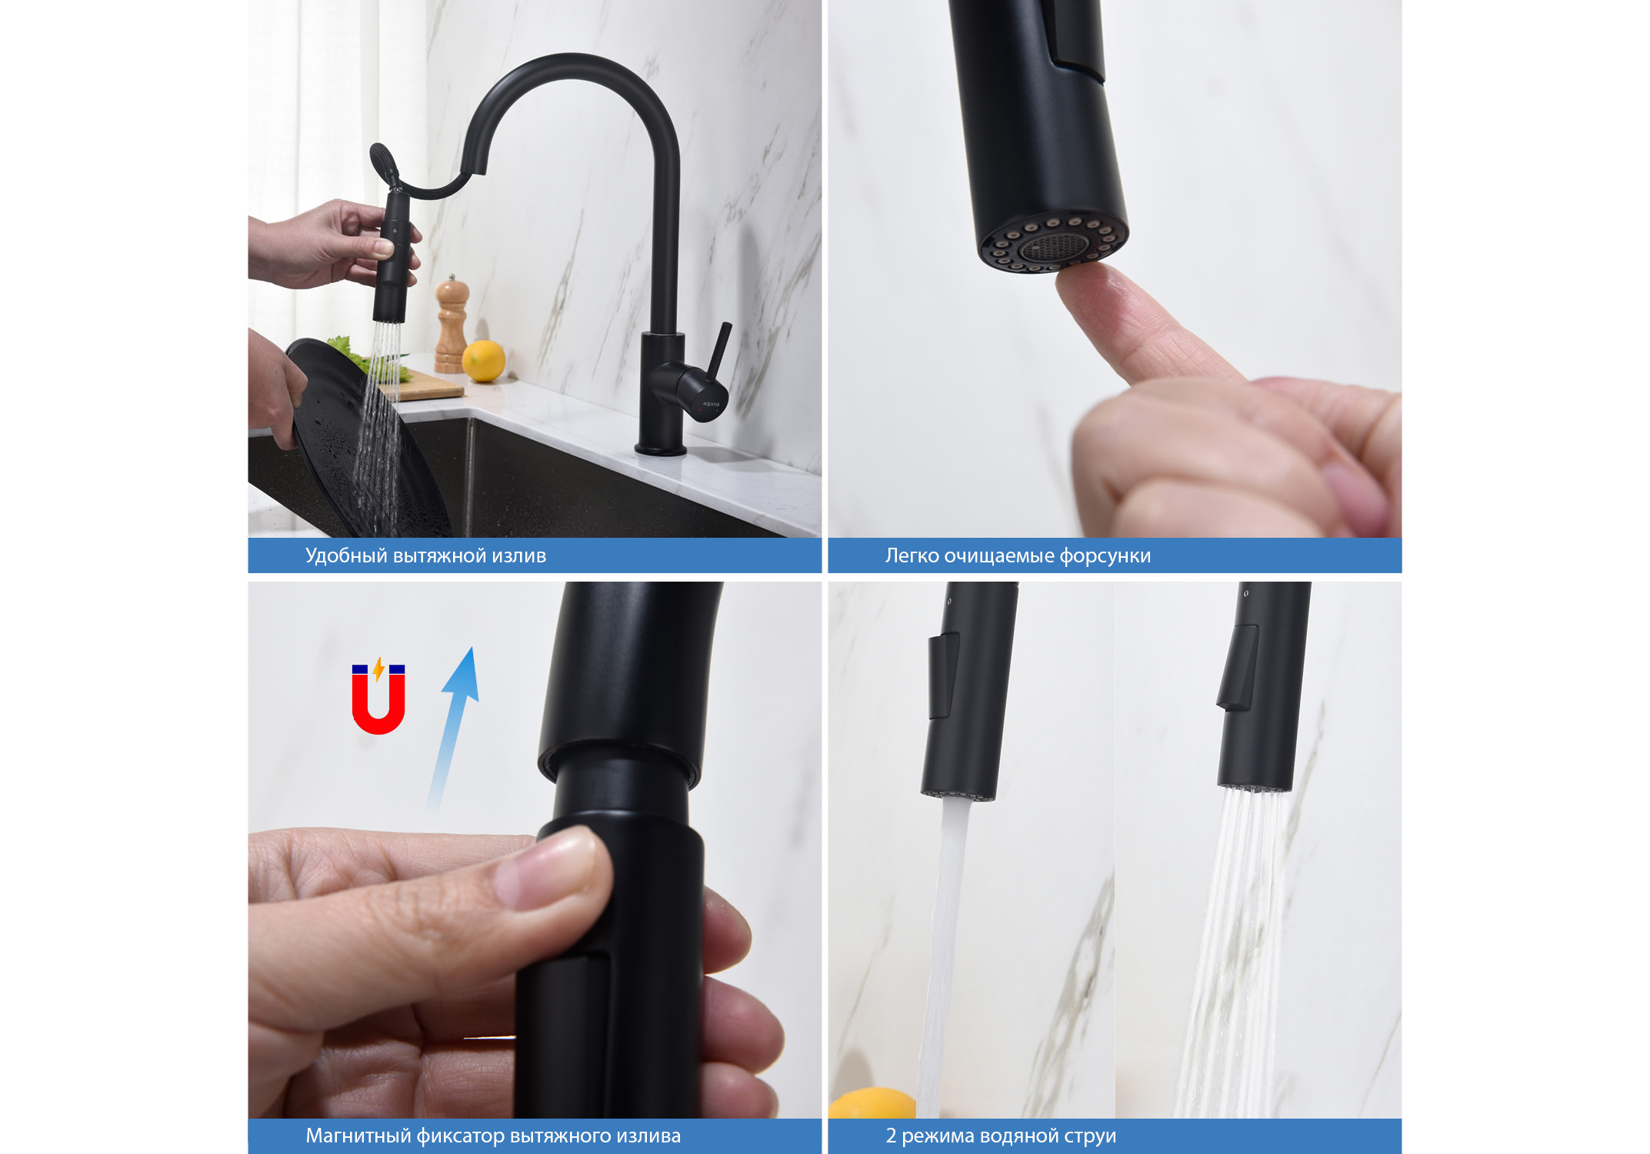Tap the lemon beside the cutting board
pyautogui.click(x=484, y=361)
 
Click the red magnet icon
pyautogui.click(x=378, y=699)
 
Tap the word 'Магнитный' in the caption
pyautogui.click(x=358, y=1136)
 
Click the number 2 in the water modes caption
pyautogui.click(x=891, y=1136)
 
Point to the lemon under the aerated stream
pyautogui.click(x=872, y=1103)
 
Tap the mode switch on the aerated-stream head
pyautogui.click(x=943, y=675)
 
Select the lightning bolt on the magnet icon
pyautogui.click(x=378, y=669)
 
